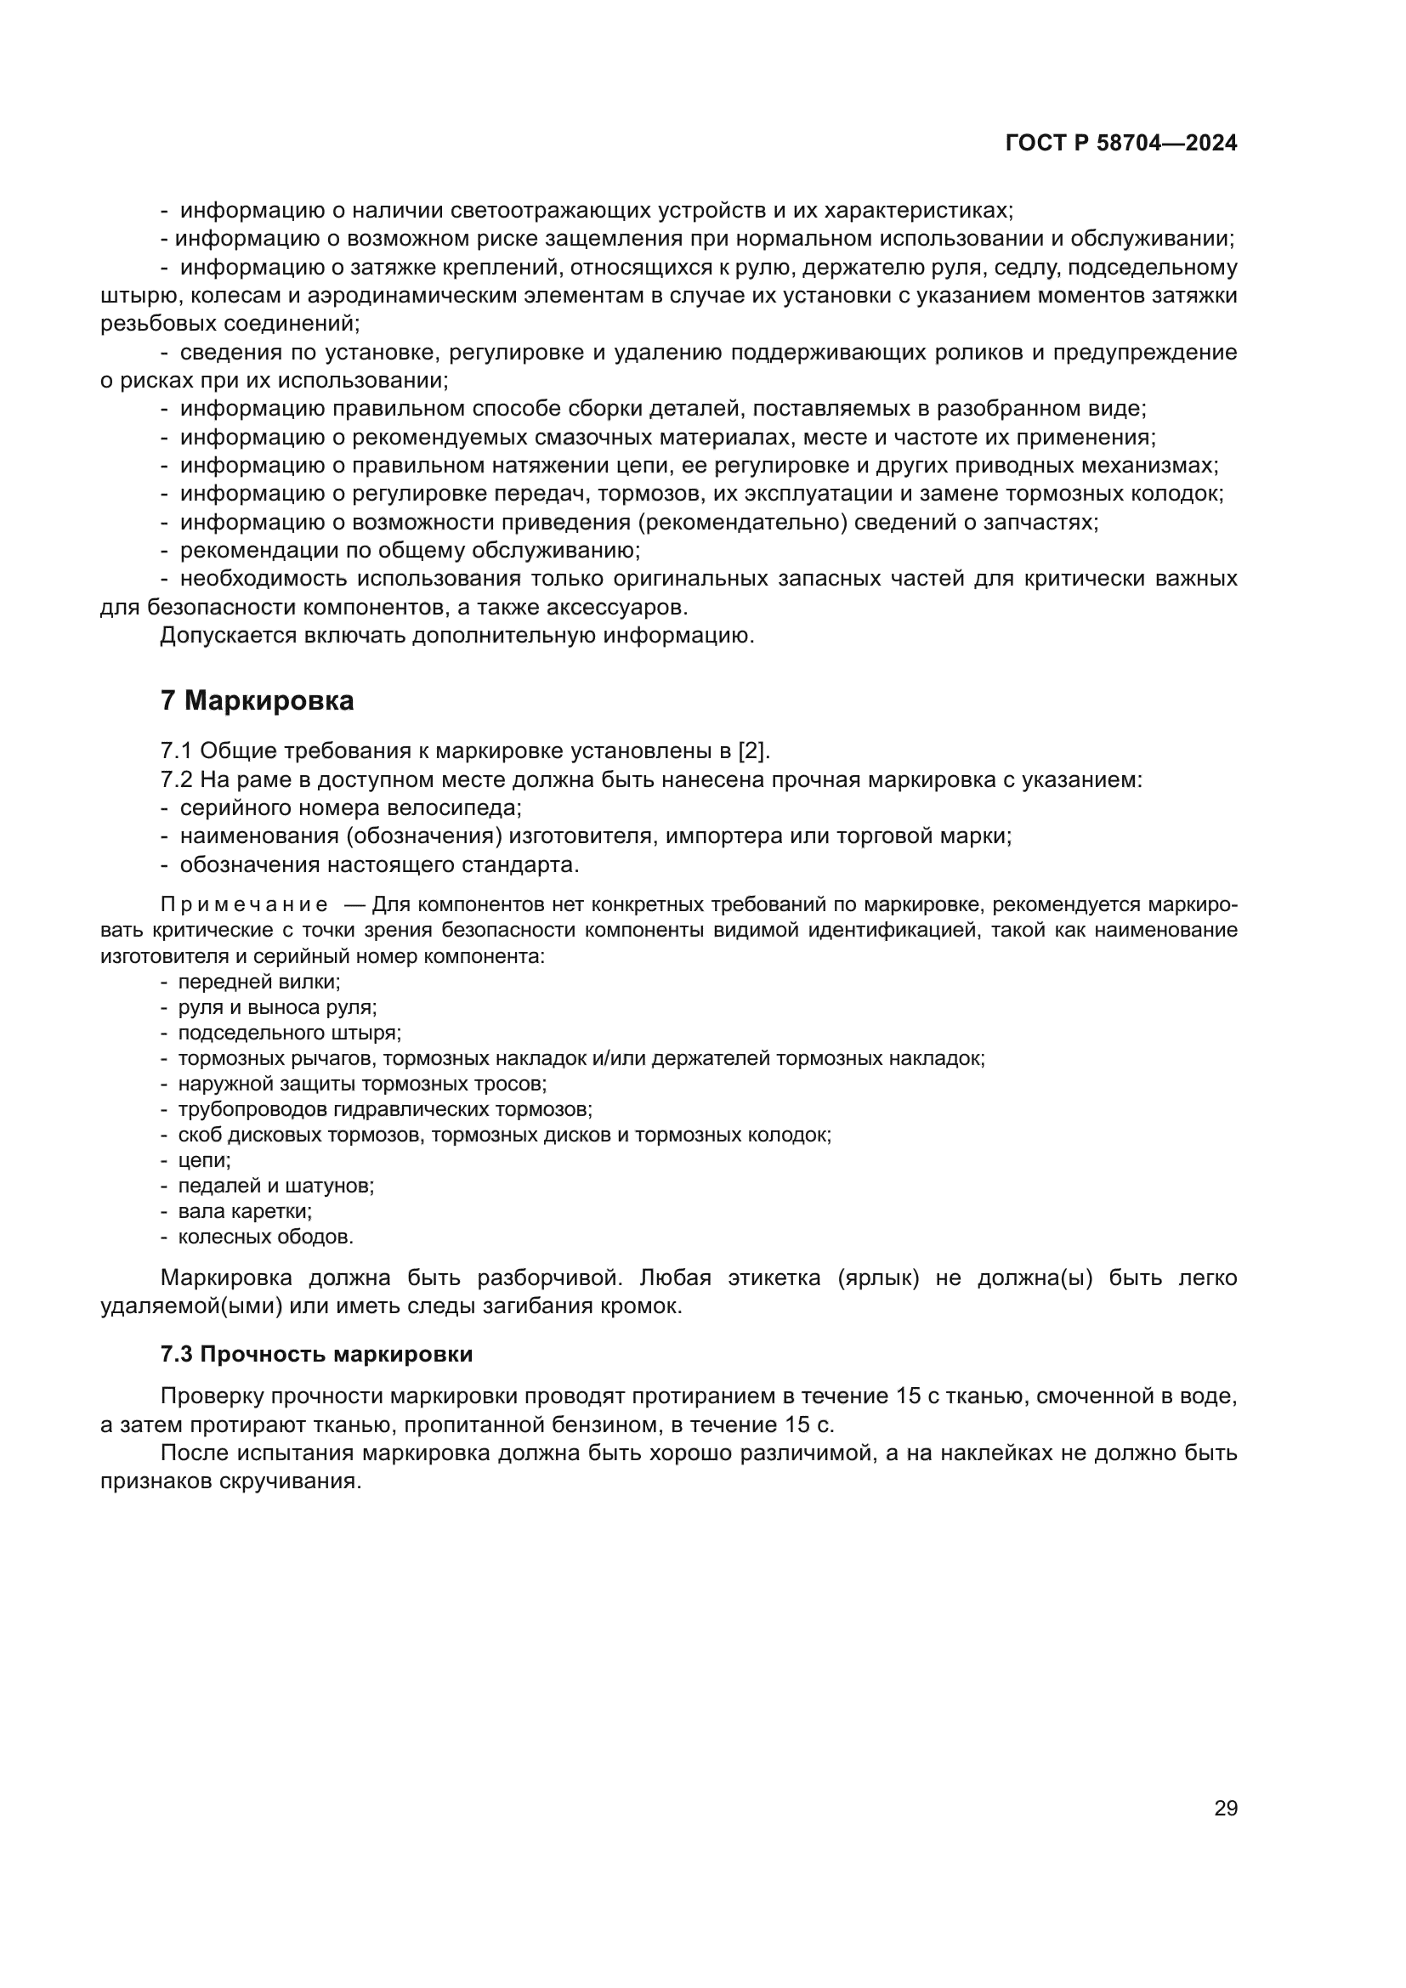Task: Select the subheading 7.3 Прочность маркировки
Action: [316, 1354]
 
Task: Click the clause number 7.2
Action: [176, 779]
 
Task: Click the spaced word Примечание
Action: [244, 906]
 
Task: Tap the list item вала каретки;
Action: [245, 1211]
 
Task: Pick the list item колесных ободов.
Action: [266, 1237]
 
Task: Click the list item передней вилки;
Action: [259, 982]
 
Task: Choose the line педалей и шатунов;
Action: [276, 1186]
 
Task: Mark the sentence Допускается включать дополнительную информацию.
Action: [457, 636]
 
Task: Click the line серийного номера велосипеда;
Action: [350, 807]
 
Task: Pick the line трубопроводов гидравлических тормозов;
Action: [385, 1109]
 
